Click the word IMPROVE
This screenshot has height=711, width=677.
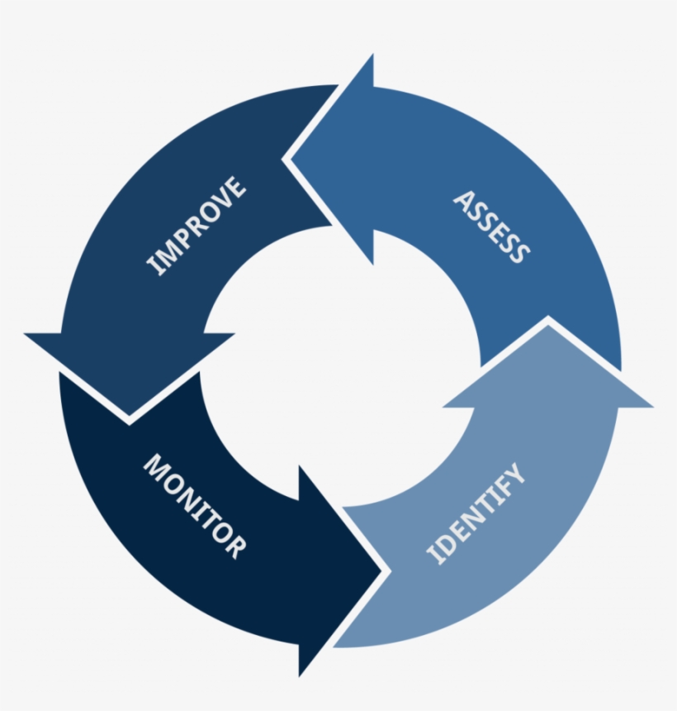click(196, 224)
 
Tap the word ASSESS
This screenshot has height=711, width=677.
click(490, 227)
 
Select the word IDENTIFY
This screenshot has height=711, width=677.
click(476, 513)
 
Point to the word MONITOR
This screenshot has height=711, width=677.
click(194, 505)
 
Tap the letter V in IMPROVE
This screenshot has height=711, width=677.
click(224, 198)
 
